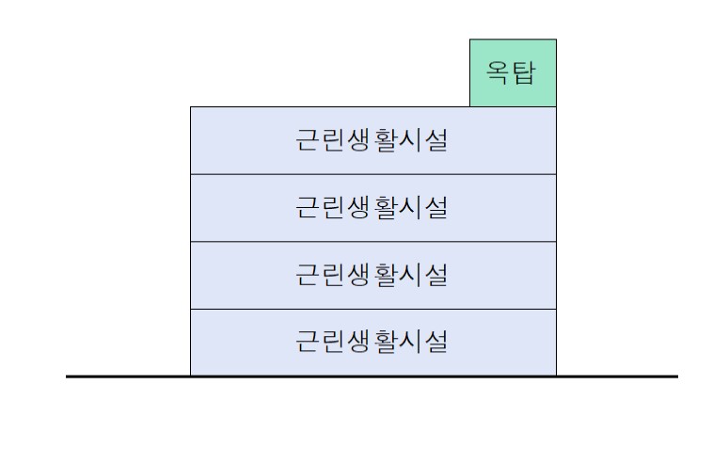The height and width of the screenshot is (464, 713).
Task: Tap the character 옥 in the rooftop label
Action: pos(499,72)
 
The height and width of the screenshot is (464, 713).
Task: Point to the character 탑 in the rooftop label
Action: pos(525,72)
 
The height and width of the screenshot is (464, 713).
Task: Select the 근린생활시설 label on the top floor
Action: pos(372,141)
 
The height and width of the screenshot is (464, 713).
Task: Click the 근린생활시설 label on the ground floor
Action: pos(372,341)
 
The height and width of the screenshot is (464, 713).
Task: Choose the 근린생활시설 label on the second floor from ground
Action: pos(372,275)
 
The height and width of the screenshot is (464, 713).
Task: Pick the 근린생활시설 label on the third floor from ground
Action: pos(372,207)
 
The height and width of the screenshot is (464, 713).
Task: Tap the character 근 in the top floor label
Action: pos(309,141)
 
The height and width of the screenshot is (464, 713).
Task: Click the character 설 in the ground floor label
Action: pos(436,341)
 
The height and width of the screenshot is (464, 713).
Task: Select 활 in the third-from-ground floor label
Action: pos(386,207)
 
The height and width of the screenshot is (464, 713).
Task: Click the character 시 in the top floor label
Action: pos(411,141)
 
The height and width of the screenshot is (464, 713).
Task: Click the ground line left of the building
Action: pos(127,376)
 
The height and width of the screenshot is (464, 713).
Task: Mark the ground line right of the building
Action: pos(616,376)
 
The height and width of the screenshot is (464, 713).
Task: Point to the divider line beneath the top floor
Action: pos(372,174)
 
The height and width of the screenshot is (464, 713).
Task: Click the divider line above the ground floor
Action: pos(372,309)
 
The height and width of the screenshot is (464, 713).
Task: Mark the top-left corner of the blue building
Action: pos(191,107)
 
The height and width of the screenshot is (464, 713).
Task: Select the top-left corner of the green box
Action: pos(470,40)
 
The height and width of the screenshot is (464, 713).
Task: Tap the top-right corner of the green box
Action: pos(556,40)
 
